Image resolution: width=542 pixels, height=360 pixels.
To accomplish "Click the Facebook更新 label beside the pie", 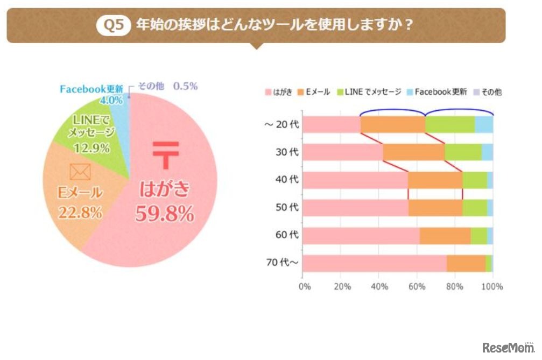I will tap(91, 89).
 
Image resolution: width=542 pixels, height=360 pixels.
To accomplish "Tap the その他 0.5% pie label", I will tap(168, 86).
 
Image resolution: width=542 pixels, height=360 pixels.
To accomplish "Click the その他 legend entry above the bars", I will tap(487, 92).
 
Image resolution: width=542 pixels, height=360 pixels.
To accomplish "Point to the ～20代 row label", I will tap(281, 124).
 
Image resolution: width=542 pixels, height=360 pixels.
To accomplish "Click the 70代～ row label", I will tap(283, 263).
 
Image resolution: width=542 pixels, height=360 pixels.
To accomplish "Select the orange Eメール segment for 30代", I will tap(413, 152).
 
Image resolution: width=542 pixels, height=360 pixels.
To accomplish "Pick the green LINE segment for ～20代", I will tap(449, 124).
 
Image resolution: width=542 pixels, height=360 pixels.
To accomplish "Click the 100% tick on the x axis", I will tap(492, 287).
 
